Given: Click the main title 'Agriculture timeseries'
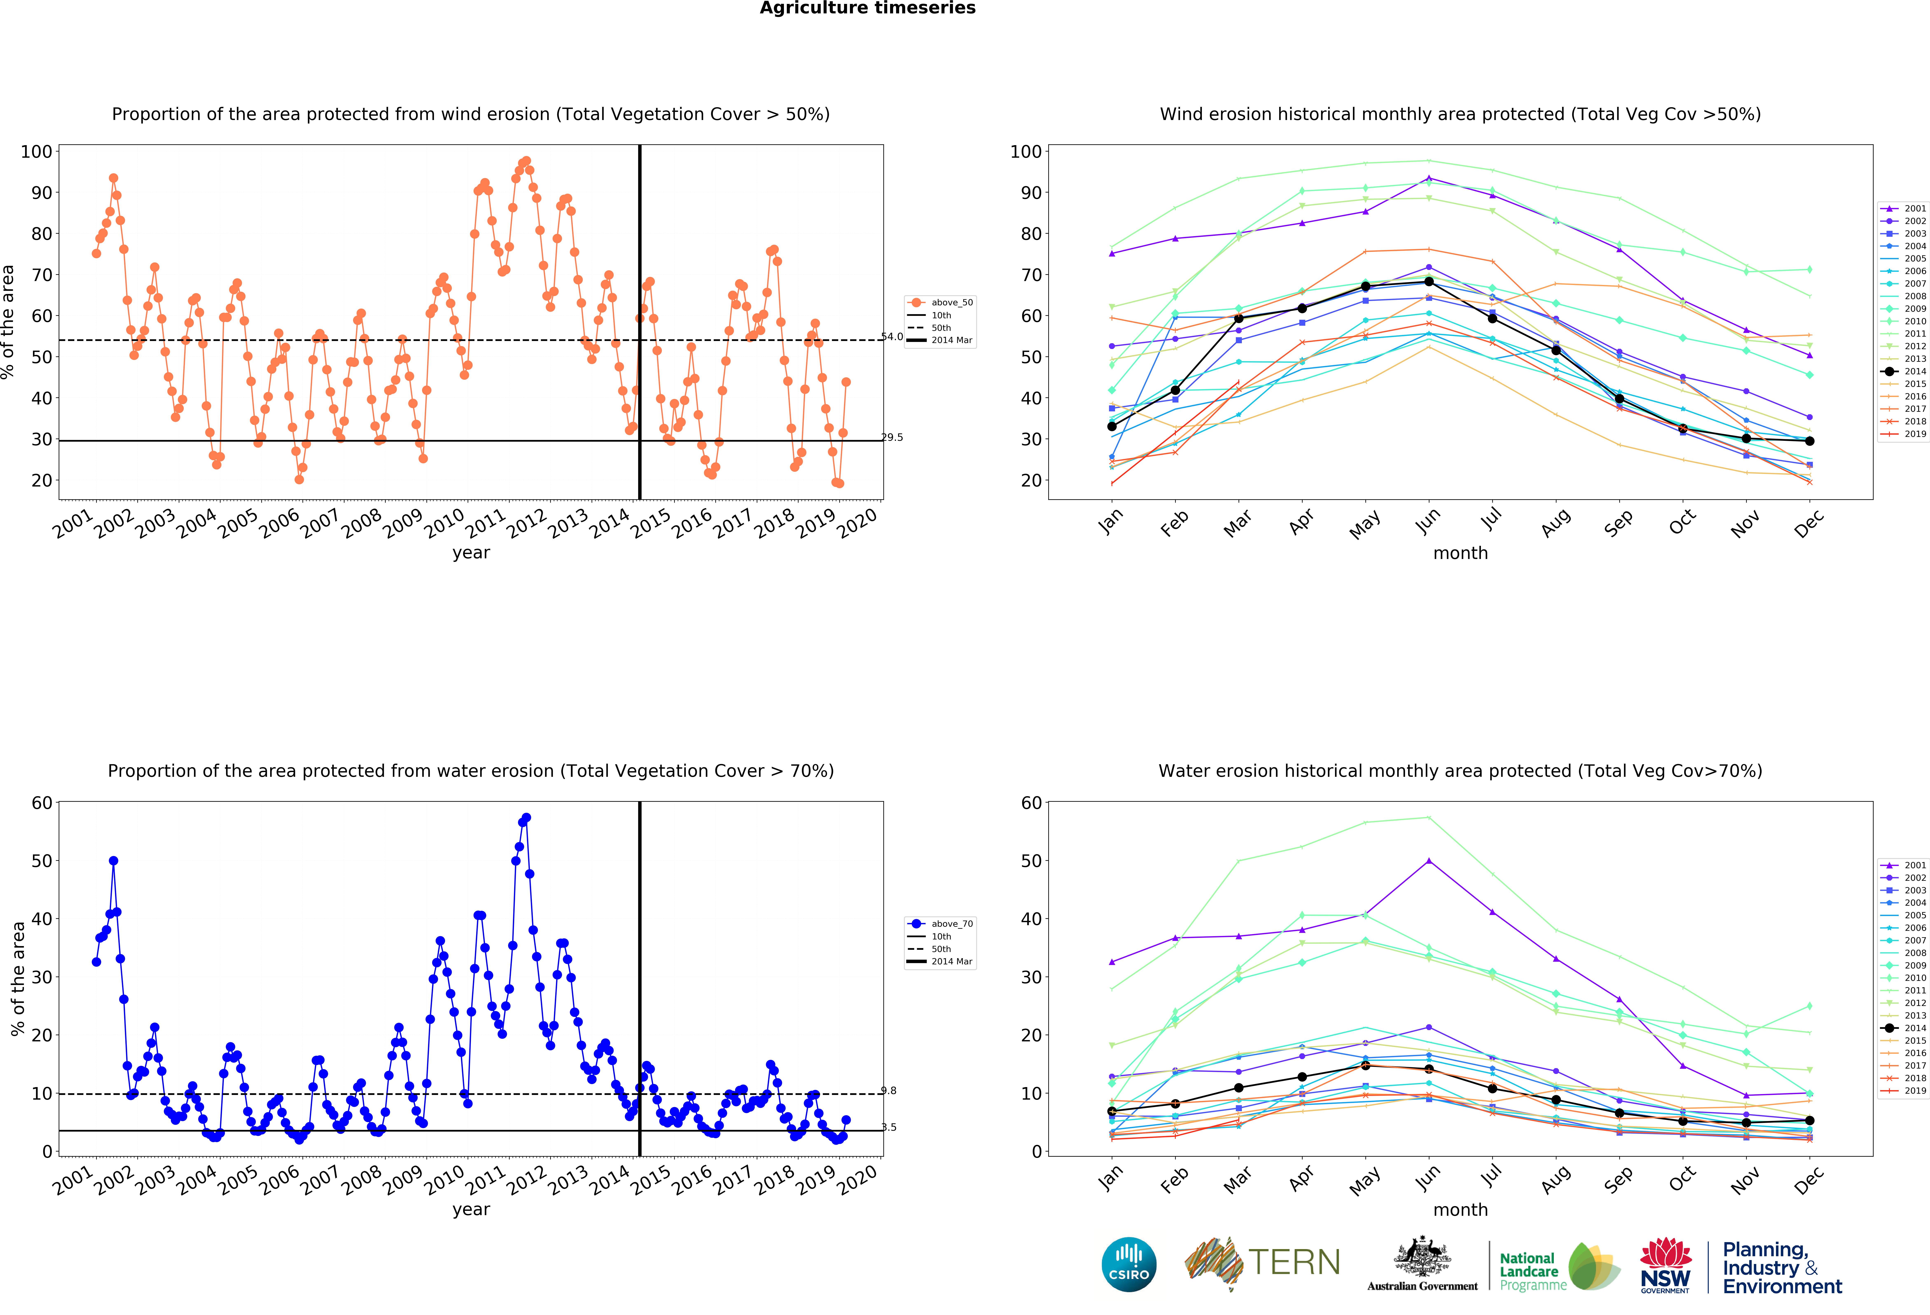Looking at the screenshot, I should [867, 8].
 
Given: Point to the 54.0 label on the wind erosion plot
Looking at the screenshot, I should [892, 337].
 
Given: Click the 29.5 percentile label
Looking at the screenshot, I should [892, 438].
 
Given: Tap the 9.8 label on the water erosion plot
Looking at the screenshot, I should [889, 1091].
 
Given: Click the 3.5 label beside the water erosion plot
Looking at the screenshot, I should [889, 1127].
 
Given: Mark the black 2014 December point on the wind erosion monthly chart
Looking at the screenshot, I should [1810, 441].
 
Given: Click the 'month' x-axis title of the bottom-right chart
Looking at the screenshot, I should [1460, 1210].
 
